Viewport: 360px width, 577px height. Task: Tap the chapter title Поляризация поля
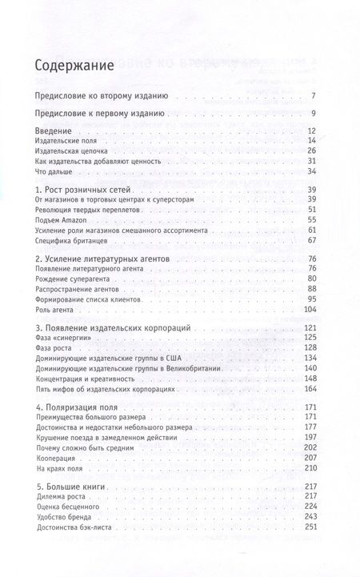pos(84,434)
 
